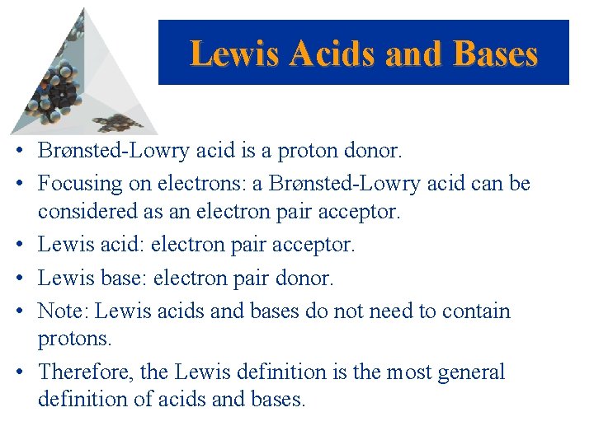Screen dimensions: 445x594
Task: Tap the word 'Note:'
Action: [65, 311]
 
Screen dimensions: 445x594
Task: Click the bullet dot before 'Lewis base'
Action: [27, 279]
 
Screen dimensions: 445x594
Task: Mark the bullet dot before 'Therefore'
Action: [27, 372]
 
